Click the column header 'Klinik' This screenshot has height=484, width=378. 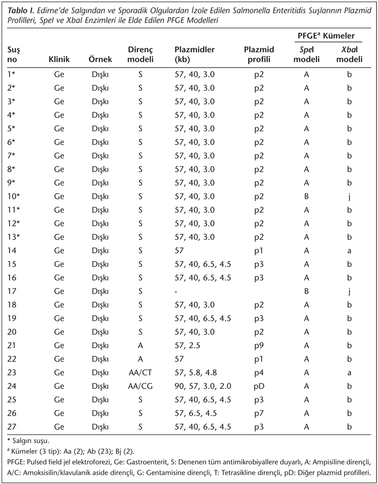click(x=60, y=60)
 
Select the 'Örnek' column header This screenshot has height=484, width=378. click(x=101, y=60)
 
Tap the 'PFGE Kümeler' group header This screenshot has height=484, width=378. click(x=326, y=37)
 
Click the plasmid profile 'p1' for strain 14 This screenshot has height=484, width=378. click(x=259, y=250)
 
